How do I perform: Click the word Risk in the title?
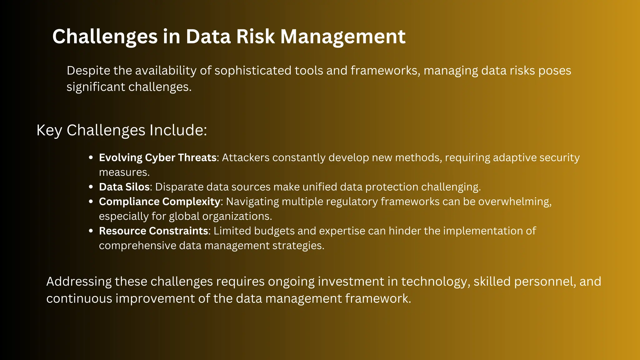[255, 37]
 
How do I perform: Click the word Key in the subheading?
[49, 130]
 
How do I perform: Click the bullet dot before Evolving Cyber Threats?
[91, 158]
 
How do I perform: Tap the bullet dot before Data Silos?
[91, 187]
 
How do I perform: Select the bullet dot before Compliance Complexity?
[91, 202]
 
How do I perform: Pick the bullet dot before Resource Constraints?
[91, 231]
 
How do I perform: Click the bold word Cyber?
[160, 158]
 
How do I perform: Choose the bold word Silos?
[137, 187]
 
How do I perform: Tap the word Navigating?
[252, 202]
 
